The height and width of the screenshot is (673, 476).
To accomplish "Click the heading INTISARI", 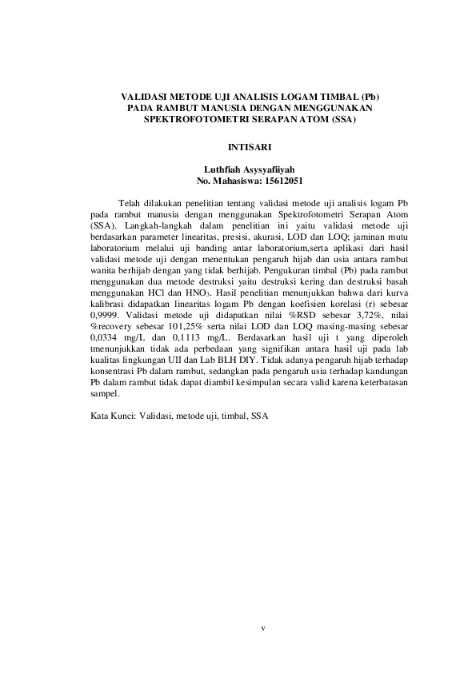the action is click(238, 147).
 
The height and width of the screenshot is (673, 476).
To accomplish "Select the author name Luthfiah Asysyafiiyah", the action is click(238, 169).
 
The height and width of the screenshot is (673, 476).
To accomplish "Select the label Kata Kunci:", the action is click(111, 416).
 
